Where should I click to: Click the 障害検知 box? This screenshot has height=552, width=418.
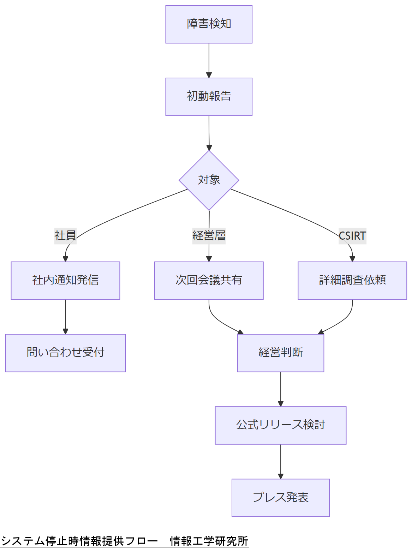pyautogui.click(x=209, y=24)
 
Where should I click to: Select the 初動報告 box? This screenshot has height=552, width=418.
pyautogui.click(x=209, y=97)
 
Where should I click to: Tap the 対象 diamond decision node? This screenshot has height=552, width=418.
pyautogui.click(x=209, y=180)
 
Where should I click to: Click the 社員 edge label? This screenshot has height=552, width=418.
pyautogui.click(x=65, y=235)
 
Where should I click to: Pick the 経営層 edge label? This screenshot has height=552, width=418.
pyautogui.click(x=209, y=235)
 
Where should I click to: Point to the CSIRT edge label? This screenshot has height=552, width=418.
pyautogui.click(x=352, y=235)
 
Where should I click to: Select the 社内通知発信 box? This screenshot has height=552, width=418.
pyautogui.click(x=65, y=281)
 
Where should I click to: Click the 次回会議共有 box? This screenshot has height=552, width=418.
pyautogui.click(x=209, y=281)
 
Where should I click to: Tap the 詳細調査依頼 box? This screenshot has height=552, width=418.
pyautogui.click(x=352, y=281)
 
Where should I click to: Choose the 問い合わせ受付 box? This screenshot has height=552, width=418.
pyautogui.click(x=65, y=353)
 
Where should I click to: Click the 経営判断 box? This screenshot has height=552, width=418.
pyautogui.click(x=280, y=353)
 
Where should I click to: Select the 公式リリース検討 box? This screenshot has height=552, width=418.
pyautogui.click(x=280, y=425)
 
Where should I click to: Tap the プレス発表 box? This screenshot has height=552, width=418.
pyautogui.click(x=280, y=498)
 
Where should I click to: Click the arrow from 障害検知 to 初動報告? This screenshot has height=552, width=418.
pyautogui.click(x=209, y=60)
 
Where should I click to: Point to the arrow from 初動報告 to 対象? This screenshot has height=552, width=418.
pyautogui.click(x=209, y=132)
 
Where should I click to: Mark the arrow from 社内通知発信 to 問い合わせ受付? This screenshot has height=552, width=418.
pyautogui.click(x=65, y=317)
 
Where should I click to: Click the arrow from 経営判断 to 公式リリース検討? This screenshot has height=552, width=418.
pyautogui.click(x=280, y=389)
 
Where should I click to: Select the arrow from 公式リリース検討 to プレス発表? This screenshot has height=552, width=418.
pyautogui.click(x=280, y=461)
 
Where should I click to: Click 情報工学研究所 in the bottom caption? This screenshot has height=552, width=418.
pyautogui.click(x=209, y=541)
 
